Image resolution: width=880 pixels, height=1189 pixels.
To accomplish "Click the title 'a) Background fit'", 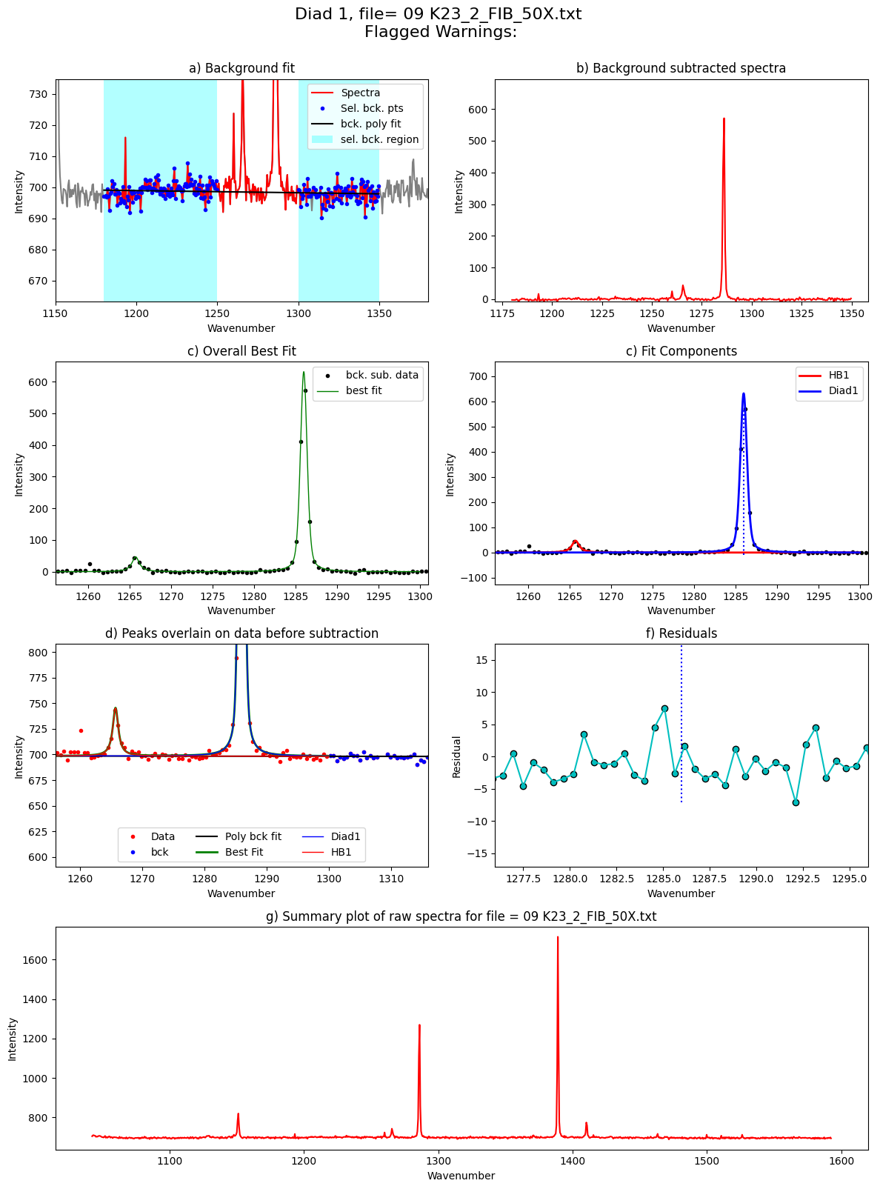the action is tap(241, 68).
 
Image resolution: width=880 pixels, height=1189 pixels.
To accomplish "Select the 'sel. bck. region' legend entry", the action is tap(364, 139).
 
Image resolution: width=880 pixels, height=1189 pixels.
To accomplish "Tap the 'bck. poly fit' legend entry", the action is tap(356, 124).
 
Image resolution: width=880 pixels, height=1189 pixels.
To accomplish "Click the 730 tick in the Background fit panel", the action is tap(38, 94).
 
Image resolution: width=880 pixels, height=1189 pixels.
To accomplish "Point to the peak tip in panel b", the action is tap(724, 119).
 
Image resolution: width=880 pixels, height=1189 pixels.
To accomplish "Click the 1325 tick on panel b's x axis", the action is tap(801, 313).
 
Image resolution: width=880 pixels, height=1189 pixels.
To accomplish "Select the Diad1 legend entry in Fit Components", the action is tap(828, 391).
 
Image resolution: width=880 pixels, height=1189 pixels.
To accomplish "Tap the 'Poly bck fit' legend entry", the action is tap(238, 836).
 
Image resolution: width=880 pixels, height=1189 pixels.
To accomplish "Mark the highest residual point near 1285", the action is tap(664, 709).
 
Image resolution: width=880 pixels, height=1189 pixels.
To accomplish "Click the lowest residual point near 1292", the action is tap(796, 802).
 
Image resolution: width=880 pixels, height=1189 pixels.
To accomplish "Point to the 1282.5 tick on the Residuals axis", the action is tap(616, 879).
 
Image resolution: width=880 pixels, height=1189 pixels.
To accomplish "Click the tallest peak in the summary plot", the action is tap(557, 937).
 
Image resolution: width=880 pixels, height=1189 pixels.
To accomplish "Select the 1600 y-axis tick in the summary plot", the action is tap(33, 960).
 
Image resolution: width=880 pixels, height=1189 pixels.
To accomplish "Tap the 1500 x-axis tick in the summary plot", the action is tap(706, 1161).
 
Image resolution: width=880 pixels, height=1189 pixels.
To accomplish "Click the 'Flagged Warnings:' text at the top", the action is tap(440, 32).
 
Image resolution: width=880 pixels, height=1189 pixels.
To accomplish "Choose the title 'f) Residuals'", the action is tap(681, 633).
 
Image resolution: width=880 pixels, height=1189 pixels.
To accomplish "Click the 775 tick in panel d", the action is tap(38, 678).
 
